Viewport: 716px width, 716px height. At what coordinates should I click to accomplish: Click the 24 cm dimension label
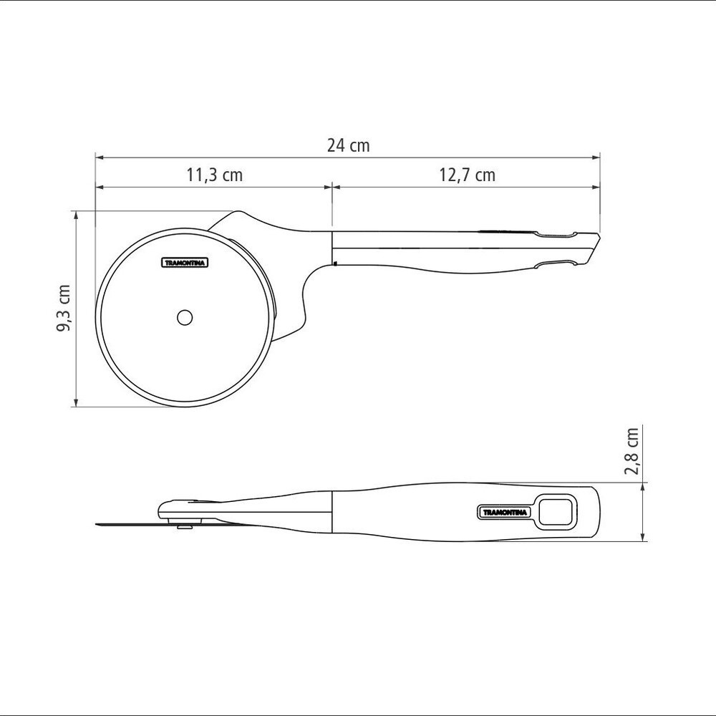point(348,145)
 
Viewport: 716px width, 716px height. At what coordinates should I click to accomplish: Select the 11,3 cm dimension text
point(214,175)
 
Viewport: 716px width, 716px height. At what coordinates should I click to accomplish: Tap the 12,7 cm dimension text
point(467,175)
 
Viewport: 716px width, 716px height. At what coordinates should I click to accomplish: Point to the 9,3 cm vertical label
point(64,308)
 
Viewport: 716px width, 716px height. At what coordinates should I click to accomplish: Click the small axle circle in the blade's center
point(185,317)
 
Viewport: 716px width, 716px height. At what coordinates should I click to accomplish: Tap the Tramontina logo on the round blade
point(185,263)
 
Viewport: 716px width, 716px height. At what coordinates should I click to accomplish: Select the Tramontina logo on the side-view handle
point(505,513)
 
